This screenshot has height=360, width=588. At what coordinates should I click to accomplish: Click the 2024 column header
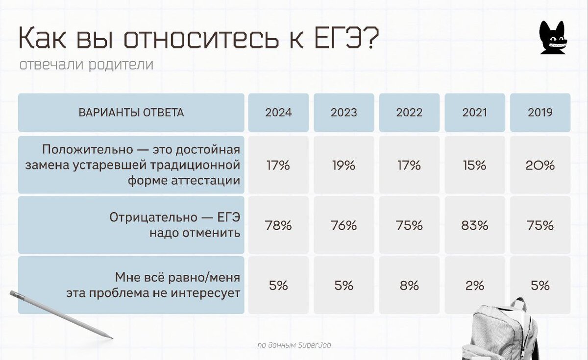coord(278,113)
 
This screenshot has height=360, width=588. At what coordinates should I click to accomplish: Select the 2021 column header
coord(475,113)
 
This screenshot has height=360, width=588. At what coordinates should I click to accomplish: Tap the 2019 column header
coord(540,113)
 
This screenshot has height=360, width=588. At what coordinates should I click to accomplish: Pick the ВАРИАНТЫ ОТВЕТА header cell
coord(131,113)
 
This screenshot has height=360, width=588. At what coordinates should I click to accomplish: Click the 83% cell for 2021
coord(475,225)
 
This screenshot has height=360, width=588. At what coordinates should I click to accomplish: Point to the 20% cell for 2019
coord(540,165)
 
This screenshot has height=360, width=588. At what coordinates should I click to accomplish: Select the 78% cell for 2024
coord(278,225)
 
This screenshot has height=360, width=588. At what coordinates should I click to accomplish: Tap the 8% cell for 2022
coord(409,286)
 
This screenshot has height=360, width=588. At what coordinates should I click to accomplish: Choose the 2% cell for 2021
coord(475,286)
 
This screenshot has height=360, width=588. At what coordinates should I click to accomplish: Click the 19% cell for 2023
coord(343,165)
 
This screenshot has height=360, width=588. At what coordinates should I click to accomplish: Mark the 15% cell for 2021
coord(475,165)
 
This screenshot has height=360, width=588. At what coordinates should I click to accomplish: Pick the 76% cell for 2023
coord(343,225)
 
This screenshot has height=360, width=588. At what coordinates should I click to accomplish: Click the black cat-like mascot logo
coord(553,38)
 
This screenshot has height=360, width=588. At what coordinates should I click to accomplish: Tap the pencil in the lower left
coord(61,314)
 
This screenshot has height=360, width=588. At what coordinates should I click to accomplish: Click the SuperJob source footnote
coord(294,345)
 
